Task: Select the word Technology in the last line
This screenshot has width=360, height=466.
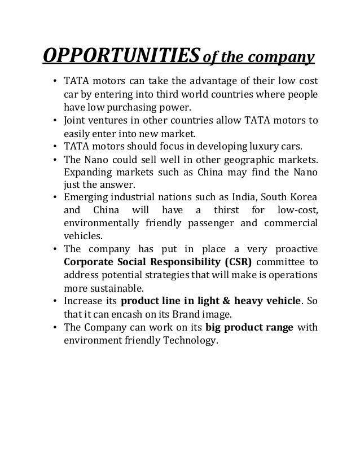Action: (187, 341)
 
